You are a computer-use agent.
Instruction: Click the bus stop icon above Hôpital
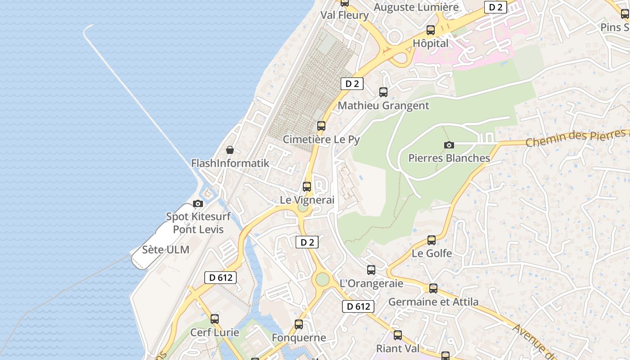coord(431,30)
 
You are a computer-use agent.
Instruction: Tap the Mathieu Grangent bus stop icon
coord(383,92)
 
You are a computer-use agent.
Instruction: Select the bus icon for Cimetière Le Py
coord(321,126)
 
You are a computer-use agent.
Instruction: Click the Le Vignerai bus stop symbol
coord(307,186)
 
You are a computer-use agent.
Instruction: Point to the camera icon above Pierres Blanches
coord(449,145)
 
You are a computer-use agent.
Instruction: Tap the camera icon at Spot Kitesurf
coord(198,204)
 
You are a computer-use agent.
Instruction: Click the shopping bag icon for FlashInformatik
coord(230,150)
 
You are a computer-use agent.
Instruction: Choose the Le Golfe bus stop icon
coord(432,240)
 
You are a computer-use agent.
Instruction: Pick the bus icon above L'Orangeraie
coord(371,270)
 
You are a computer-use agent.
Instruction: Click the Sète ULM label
coord(166,250)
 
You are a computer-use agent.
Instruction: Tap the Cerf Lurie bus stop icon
coord(215,319)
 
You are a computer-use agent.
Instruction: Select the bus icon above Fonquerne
coord(299,324)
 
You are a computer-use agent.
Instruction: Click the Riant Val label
coord(398,348)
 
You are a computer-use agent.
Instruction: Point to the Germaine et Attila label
coord(433,301)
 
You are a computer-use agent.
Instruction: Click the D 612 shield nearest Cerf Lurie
coord(220,278)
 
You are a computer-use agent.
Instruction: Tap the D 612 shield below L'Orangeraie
coord(358,306)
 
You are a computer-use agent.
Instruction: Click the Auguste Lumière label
coord(416,7)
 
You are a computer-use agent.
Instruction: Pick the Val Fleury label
coord(344,15)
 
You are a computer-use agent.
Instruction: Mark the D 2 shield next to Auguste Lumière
coord(495,7)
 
